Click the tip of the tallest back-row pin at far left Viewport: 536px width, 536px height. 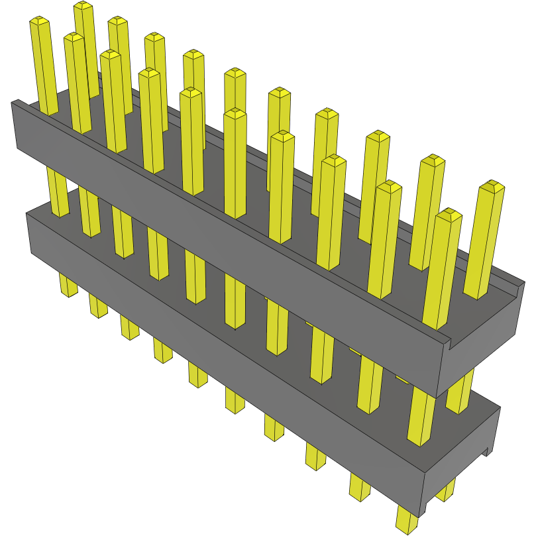tap(83, 6)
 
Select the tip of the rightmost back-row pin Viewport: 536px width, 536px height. tap(491, 186)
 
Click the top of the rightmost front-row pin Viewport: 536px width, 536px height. tap(449, 215)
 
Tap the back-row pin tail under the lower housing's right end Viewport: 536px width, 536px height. tap(447, 490)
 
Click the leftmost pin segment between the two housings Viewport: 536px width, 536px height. tap(58, 192)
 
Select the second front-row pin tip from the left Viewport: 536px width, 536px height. tap(74, 38)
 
